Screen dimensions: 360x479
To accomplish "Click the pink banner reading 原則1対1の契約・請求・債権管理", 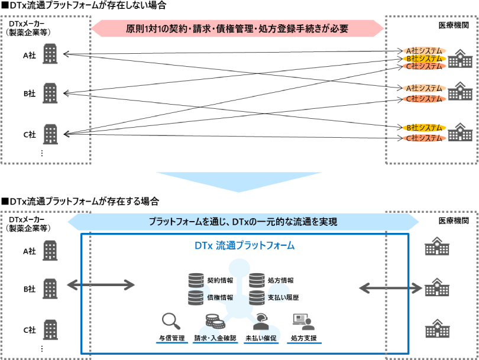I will tap(237, 28).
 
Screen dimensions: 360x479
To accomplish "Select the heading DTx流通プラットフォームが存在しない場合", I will tap(83, 5).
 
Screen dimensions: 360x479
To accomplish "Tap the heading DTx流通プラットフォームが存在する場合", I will tap(80, 202).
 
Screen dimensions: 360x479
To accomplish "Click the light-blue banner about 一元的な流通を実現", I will tap(242, 222).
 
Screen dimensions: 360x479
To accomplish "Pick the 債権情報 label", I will tap(220, 297).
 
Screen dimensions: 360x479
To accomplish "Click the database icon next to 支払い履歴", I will tap(257, 297).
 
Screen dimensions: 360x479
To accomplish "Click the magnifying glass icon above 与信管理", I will tap(171, 322).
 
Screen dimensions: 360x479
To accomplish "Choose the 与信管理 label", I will tap(171, 339).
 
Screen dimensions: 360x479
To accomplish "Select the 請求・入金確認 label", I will tap(215, 339).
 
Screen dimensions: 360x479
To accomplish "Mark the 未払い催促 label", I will tap(260, 339).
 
